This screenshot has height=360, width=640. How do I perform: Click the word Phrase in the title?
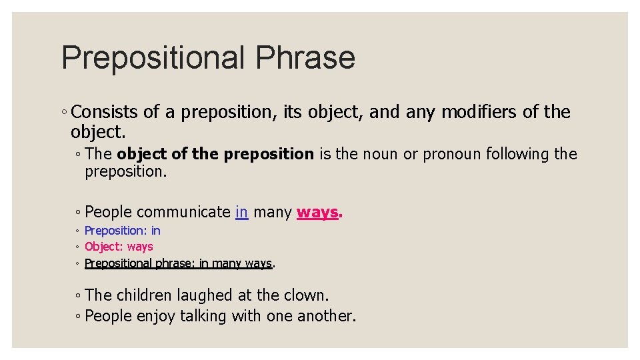pyautogui.click(x=305, y=58)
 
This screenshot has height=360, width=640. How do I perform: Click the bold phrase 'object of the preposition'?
pyautogui.click(x=215, y=154)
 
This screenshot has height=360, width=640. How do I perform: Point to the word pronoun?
pyautogui.click(x=451, y=154)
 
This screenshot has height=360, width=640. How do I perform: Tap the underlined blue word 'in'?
pyautogui.click(x=242, y=212)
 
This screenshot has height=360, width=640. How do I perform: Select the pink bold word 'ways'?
pyautogui.click(x=317, y=212)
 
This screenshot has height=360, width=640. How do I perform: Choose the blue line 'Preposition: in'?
pyautogui.click(x=123, y=231)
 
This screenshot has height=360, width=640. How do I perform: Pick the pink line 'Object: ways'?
pyautogui.click(x=119, y=247)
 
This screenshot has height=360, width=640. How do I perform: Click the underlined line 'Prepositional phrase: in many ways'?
pyautogui.click(x=178, y=263)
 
